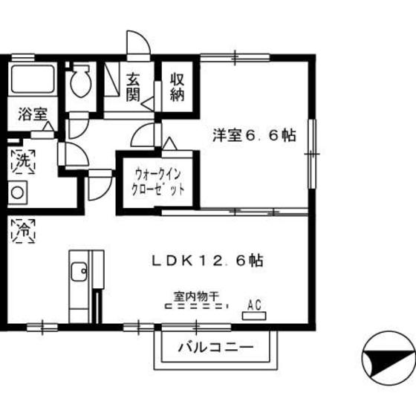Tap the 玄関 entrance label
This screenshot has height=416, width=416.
point(133,87)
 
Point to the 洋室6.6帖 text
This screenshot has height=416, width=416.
point(255,136)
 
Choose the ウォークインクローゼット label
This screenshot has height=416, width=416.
point(157,182)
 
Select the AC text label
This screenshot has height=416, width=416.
point(254,303)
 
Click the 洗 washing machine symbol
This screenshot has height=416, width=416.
point(21,159)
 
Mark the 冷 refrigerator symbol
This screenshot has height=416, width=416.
point(21,230)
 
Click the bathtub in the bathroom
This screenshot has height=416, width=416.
point(33,79)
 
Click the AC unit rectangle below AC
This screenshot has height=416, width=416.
point(254,316)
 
